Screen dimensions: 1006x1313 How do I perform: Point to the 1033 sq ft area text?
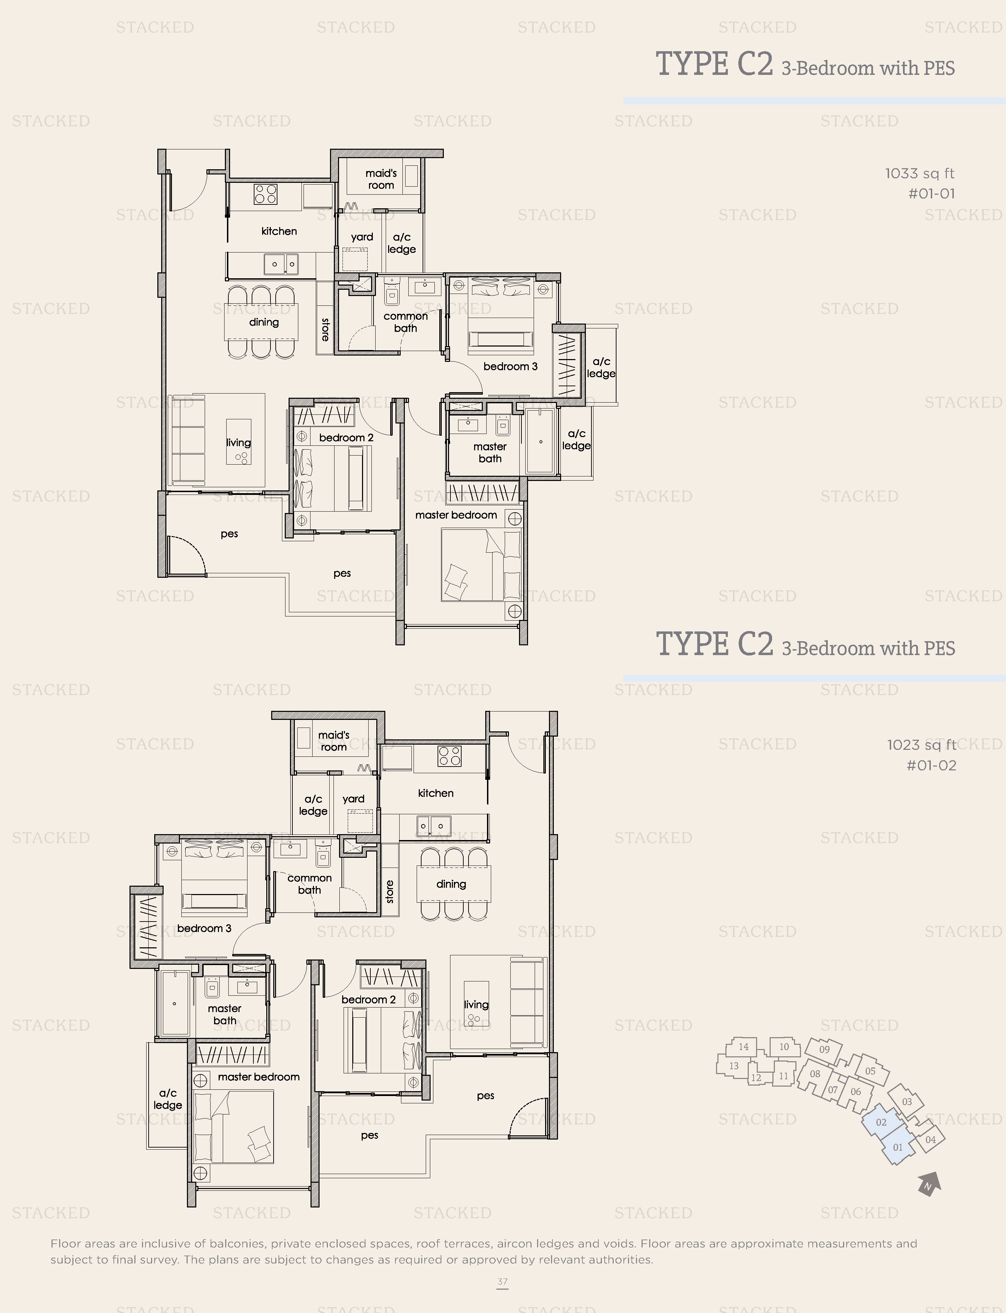(920, 174)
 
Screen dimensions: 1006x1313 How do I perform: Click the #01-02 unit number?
(931, 766)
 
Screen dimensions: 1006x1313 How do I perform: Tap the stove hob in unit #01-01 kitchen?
(265, 194)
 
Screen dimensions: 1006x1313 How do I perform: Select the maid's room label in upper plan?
(381, 179)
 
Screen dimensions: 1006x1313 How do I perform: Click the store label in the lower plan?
(390, 891)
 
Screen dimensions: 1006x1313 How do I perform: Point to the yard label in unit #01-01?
(362, 237)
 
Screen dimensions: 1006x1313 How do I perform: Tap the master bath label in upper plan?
(490, 452)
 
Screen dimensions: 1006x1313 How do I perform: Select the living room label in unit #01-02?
(476, 1004)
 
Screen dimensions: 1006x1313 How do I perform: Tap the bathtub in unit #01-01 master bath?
(541, 442)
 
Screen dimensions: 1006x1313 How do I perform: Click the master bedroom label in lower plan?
(259, 1077)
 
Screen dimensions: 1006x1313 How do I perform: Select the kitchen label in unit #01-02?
(435, 793)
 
